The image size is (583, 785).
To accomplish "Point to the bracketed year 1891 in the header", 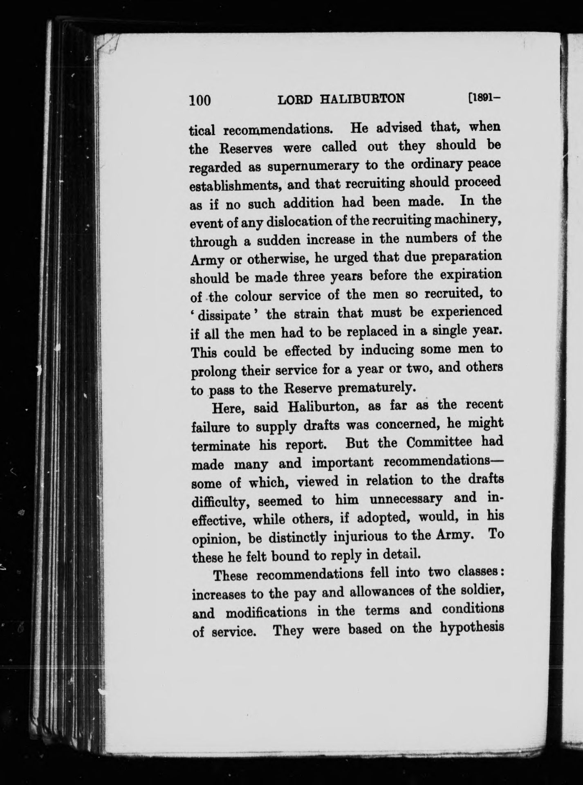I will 486,98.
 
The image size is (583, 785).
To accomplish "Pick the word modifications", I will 267,612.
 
